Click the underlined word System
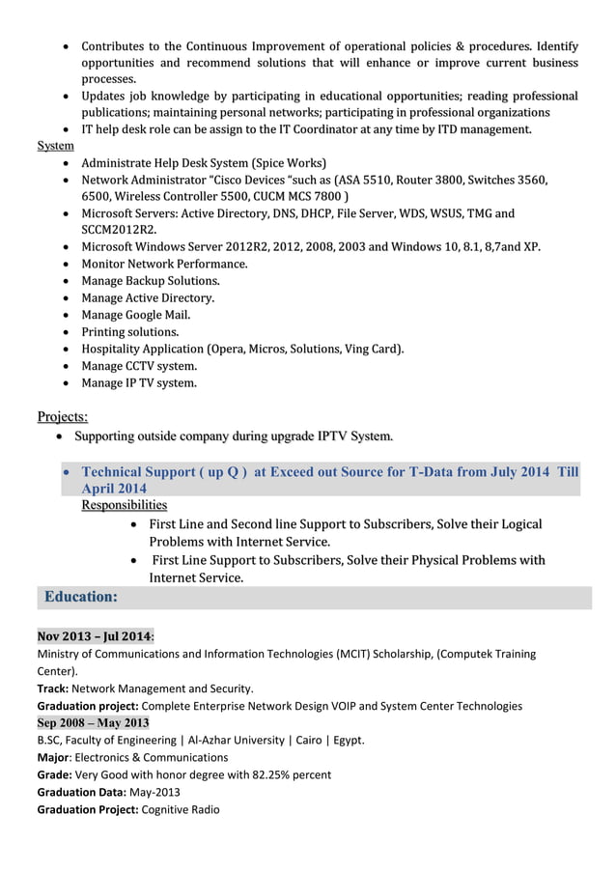click(55, 146)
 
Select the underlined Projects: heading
click(62, 417)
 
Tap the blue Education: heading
click(81, 597)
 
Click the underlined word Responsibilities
click(124, 505)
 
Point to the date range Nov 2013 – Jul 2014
click(94, 636)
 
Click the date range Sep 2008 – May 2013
click(93, 722)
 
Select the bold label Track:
click(52, 688)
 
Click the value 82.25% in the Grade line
click(254, 774)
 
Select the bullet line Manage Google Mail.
click(136, 315)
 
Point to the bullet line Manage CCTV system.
click(139, 366)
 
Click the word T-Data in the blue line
click(432, 472)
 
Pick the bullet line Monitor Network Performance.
click(164, 264)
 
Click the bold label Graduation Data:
click(86, 792)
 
